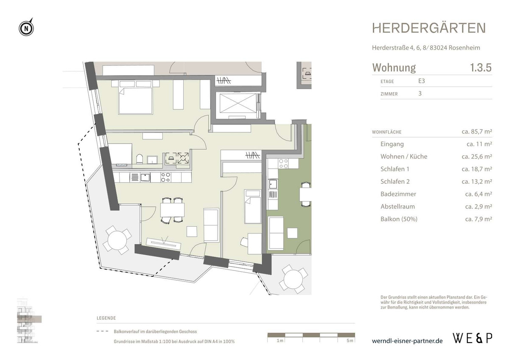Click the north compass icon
tap(26, 28)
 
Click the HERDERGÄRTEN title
tap(429, 28)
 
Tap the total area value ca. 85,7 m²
tap(476, 132)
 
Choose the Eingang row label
tap(392, 144)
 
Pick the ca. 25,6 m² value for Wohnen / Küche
tap(476, 157)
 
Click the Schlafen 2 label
tap(395, 182)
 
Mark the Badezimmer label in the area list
tap(398, 194)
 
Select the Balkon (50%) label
tap(399, 219)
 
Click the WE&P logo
tap(473, 338)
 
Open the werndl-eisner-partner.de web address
tap(407, 341)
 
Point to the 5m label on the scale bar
tap(349, 341)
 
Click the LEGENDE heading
tap(106, 318)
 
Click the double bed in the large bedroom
tap(135, 101)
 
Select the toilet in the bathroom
tap(140, 159)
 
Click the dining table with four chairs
tap(172, 210)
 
